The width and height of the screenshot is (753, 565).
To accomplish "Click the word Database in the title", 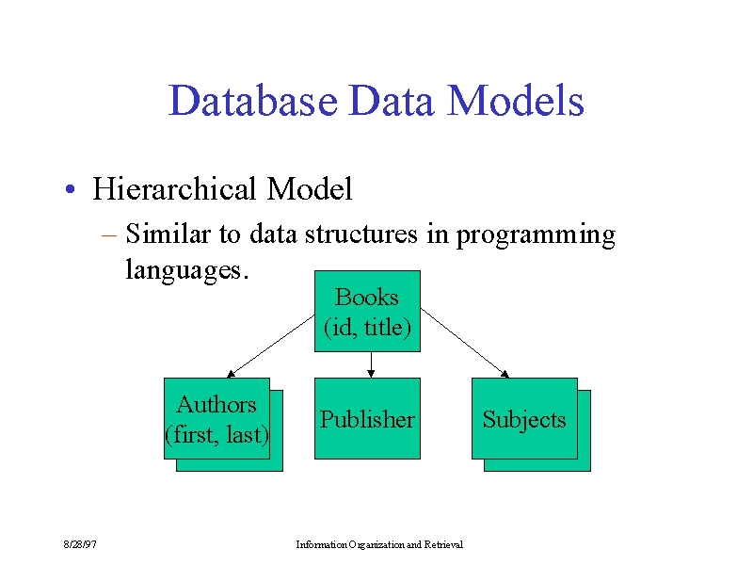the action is pos(253,101).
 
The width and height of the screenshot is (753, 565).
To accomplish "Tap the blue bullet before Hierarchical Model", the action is pos(70,189).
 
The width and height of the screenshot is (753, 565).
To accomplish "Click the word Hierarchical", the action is pos(174,188).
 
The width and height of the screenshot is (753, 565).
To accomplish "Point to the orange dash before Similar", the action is pos(109,235).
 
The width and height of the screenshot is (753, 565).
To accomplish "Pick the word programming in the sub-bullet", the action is pos(536,236).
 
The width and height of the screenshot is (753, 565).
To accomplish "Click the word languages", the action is pos(184,270).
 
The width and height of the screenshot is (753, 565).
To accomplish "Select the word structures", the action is pos(361,234).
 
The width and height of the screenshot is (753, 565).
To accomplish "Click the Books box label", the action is pos(366,297).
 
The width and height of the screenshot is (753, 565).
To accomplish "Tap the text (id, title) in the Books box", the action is pos(367,328).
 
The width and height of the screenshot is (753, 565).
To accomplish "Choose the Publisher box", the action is pos(367,418).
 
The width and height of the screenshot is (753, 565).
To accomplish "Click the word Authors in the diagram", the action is pos(216,405).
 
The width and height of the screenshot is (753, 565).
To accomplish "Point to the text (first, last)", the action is pos(216,435).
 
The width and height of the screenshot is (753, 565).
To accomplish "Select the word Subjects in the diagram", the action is pos(524,420).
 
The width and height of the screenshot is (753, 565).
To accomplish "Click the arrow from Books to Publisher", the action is pos(371,364).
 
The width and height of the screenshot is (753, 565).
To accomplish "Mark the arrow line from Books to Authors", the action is pos(271,346).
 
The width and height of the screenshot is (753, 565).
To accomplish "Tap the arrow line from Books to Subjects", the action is pos(465,343).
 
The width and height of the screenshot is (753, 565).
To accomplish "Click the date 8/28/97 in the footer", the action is pos(80,544).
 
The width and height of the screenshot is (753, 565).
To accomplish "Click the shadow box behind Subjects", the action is pos(584,431).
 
